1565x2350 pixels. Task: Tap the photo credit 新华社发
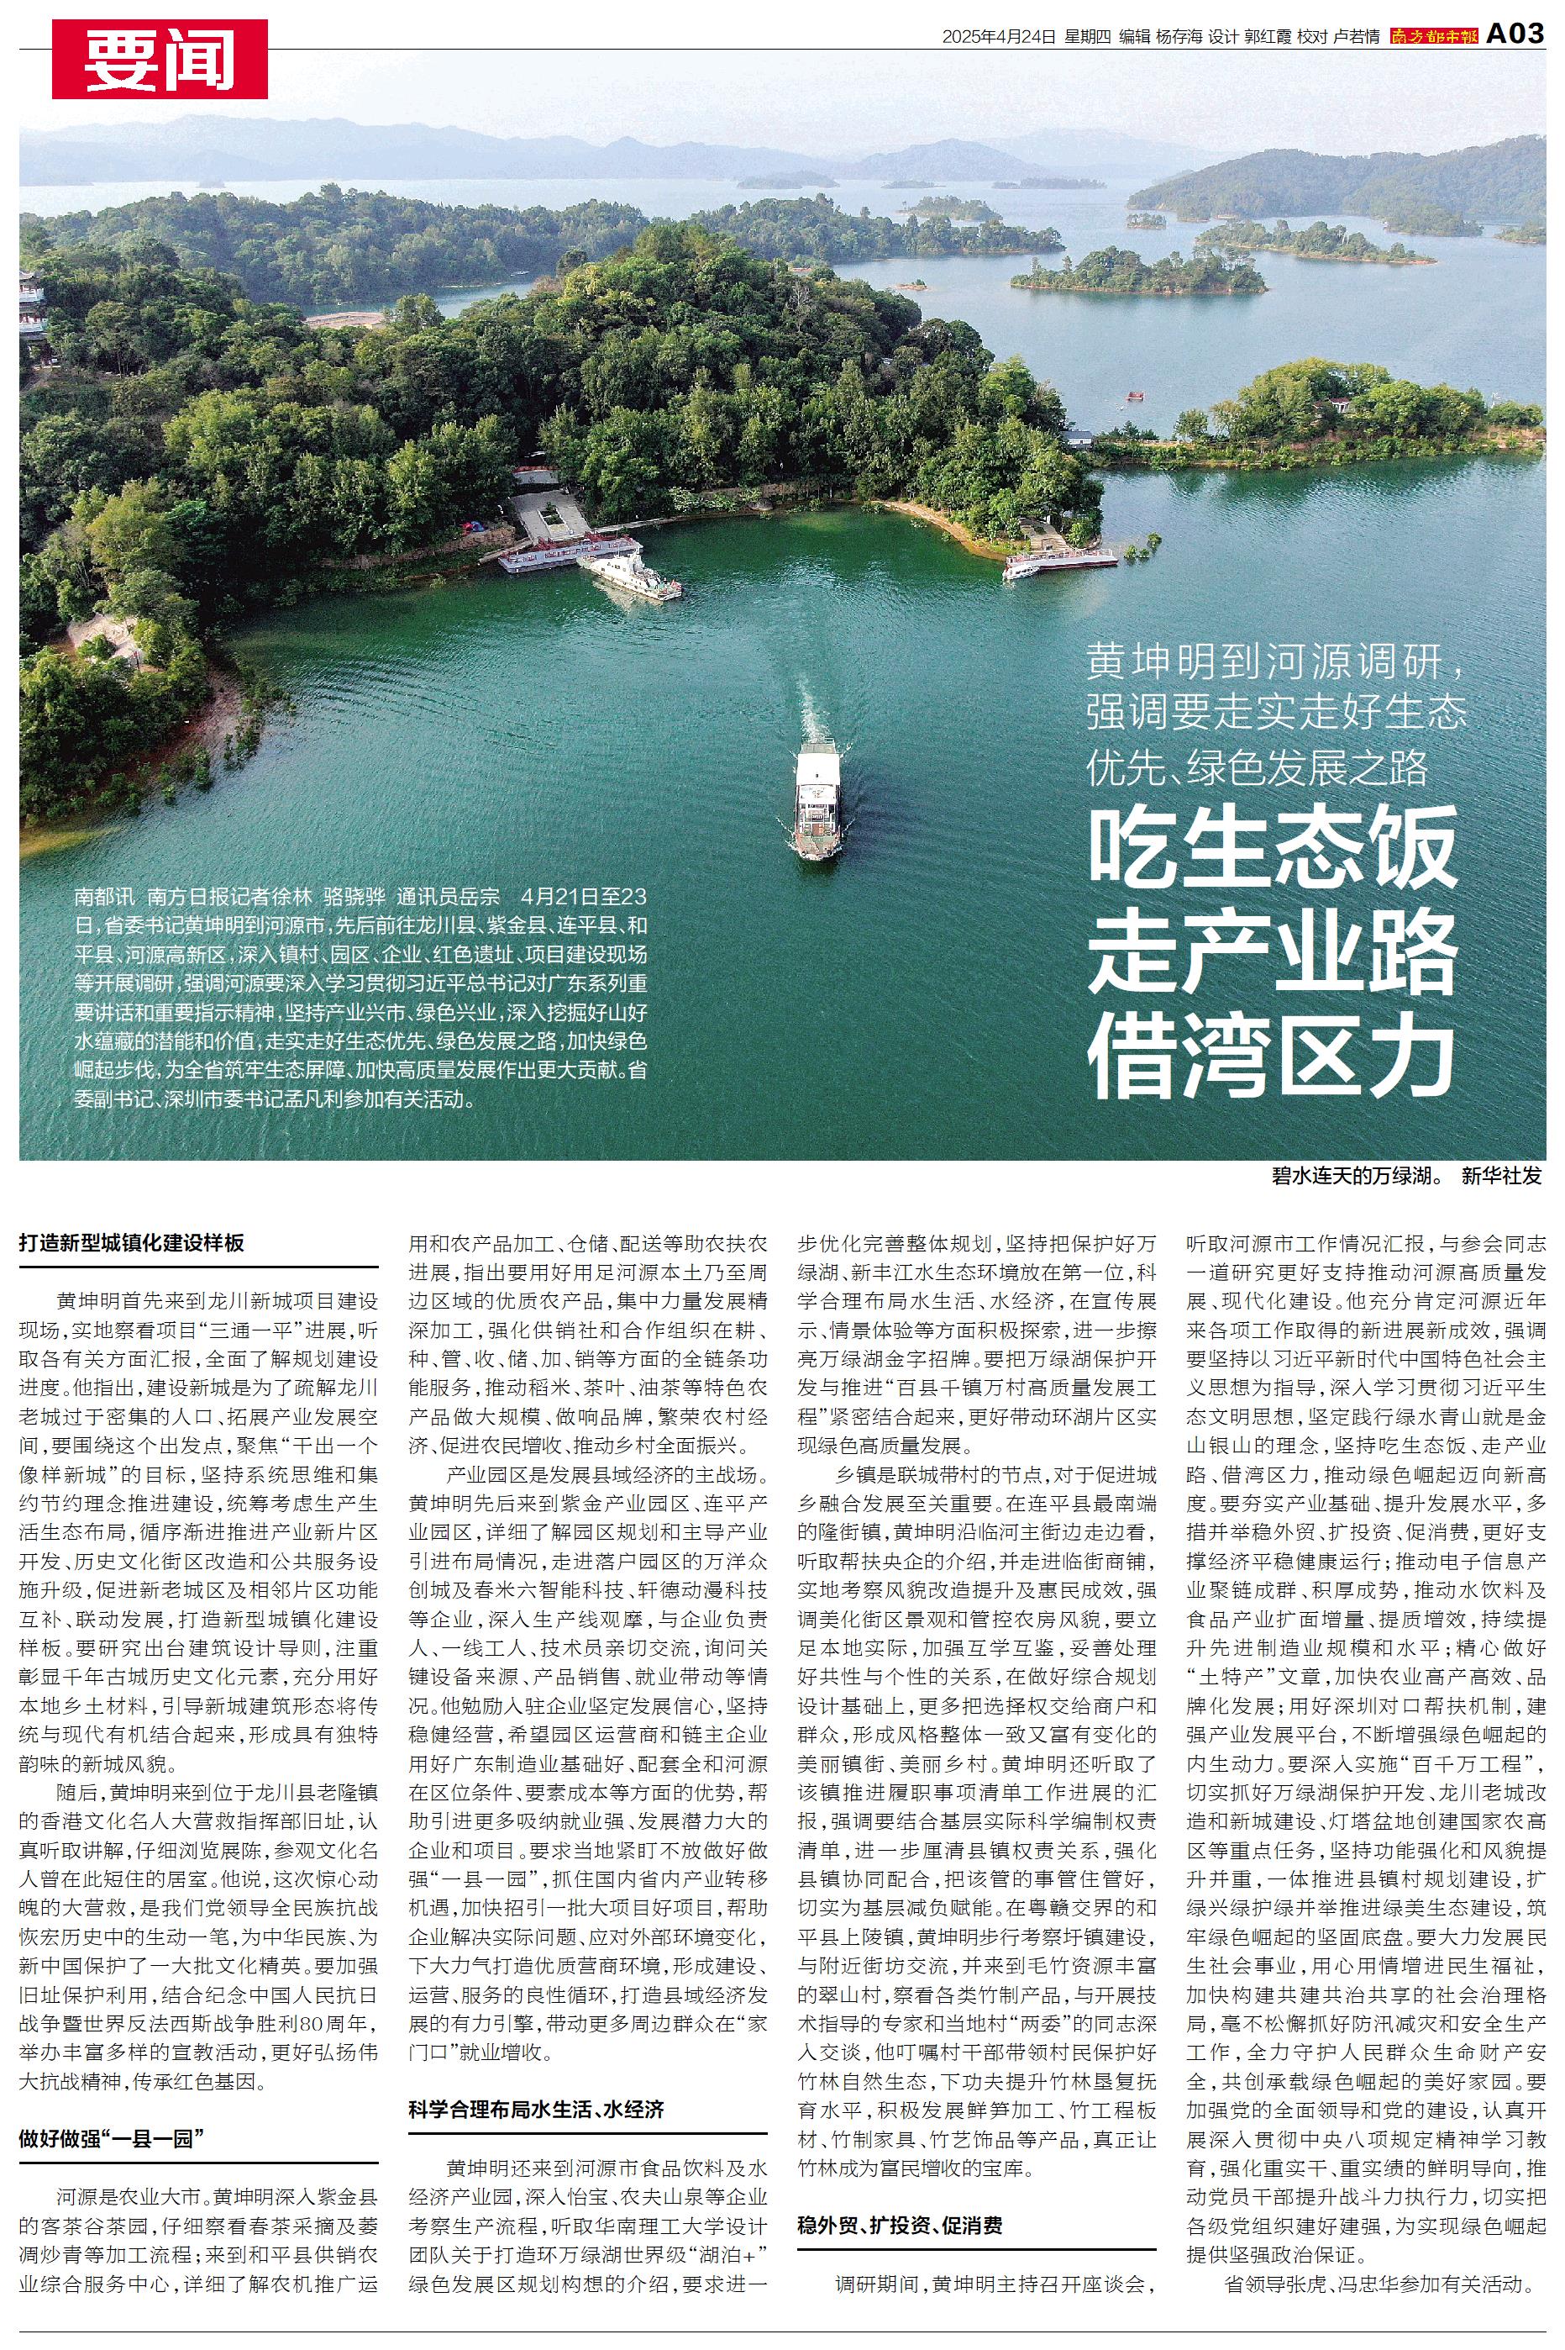coord(1501,1175)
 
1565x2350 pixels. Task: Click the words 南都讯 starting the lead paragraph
coord(101,894)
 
